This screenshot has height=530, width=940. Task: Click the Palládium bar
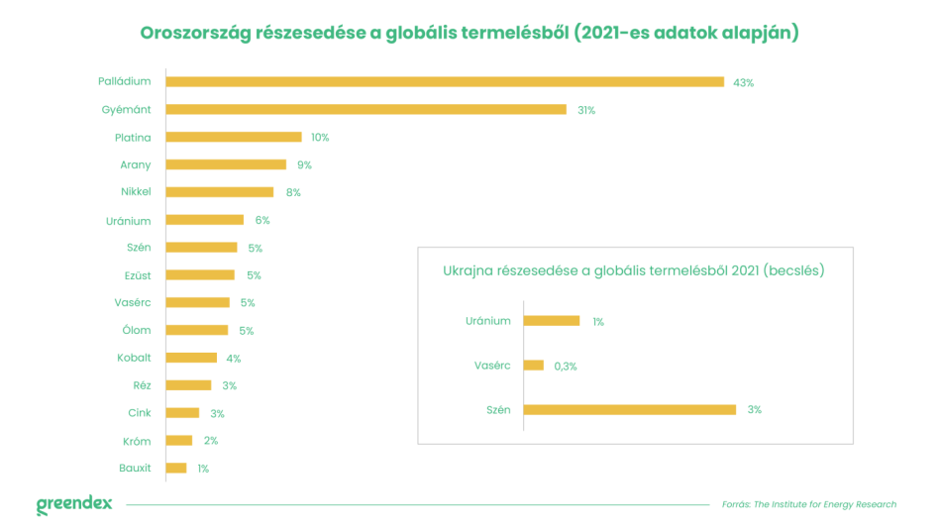445,82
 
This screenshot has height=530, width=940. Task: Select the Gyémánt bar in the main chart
366,110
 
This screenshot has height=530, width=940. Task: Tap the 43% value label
743,82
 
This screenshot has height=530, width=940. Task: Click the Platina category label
133,138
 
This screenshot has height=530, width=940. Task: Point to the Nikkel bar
220,192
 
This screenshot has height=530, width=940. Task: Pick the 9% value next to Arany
304,165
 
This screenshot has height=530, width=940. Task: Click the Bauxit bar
176,469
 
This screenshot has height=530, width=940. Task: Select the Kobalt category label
134,358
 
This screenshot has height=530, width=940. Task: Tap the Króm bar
179,441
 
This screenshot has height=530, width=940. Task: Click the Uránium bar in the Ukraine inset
551,321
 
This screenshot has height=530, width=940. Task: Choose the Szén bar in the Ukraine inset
629,409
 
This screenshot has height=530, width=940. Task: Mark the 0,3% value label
566,366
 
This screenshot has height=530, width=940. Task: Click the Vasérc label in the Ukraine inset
492,366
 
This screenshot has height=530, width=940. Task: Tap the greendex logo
74,504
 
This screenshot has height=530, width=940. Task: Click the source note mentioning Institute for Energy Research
809,505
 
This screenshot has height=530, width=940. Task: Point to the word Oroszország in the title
194,33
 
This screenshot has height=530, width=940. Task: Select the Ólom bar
197,330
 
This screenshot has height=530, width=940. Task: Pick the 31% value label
586,110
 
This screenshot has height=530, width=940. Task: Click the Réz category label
142,385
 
